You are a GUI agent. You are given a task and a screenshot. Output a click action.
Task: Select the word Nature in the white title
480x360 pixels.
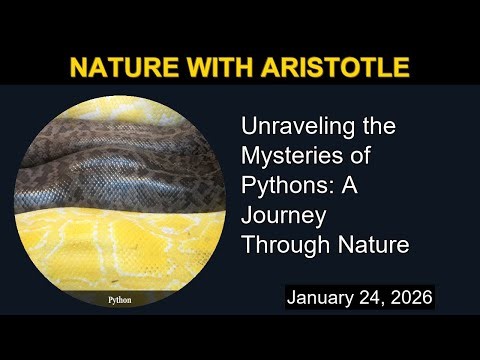point(376,245)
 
